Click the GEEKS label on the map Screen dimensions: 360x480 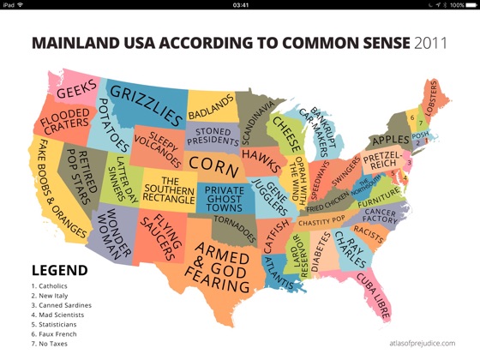point(75,88)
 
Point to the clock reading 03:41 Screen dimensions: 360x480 point(240,4)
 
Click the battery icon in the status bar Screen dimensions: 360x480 point(469,4)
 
